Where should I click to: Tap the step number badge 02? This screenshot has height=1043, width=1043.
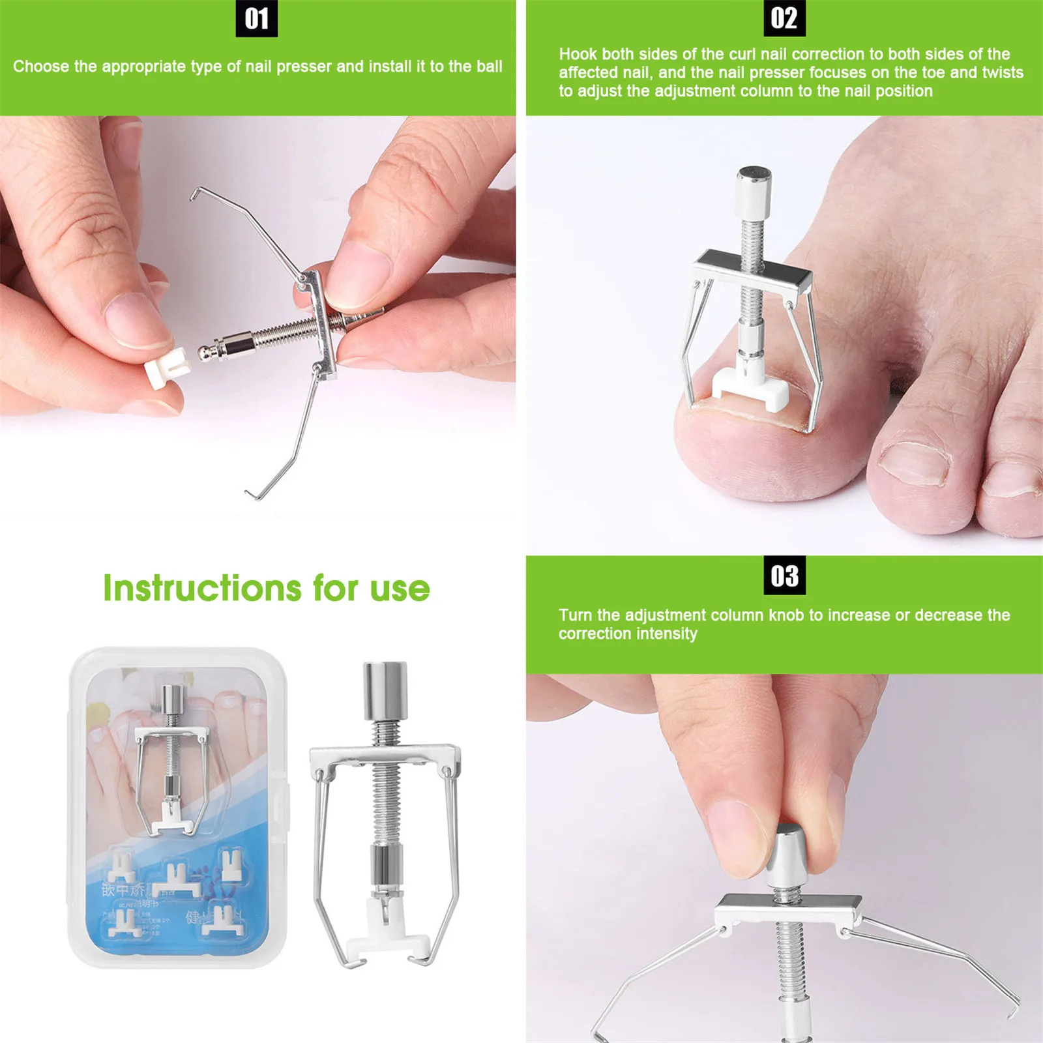[784, 18]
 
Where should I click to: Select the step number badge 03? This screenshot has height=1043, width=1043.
[784, 576]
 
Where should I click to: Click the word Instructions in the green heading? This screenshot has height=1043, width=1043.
[202, 589]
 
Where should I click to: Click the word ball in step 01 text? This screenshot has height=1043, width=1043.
[489, 66]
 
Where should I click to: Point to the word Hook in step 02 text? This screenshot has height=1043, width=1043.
[578, 54]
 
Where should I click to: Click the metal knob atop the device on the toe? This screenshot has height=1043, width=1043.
[754, 192]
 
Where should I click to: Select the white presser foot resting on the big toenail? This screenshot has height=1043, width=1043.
[750, 389]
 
